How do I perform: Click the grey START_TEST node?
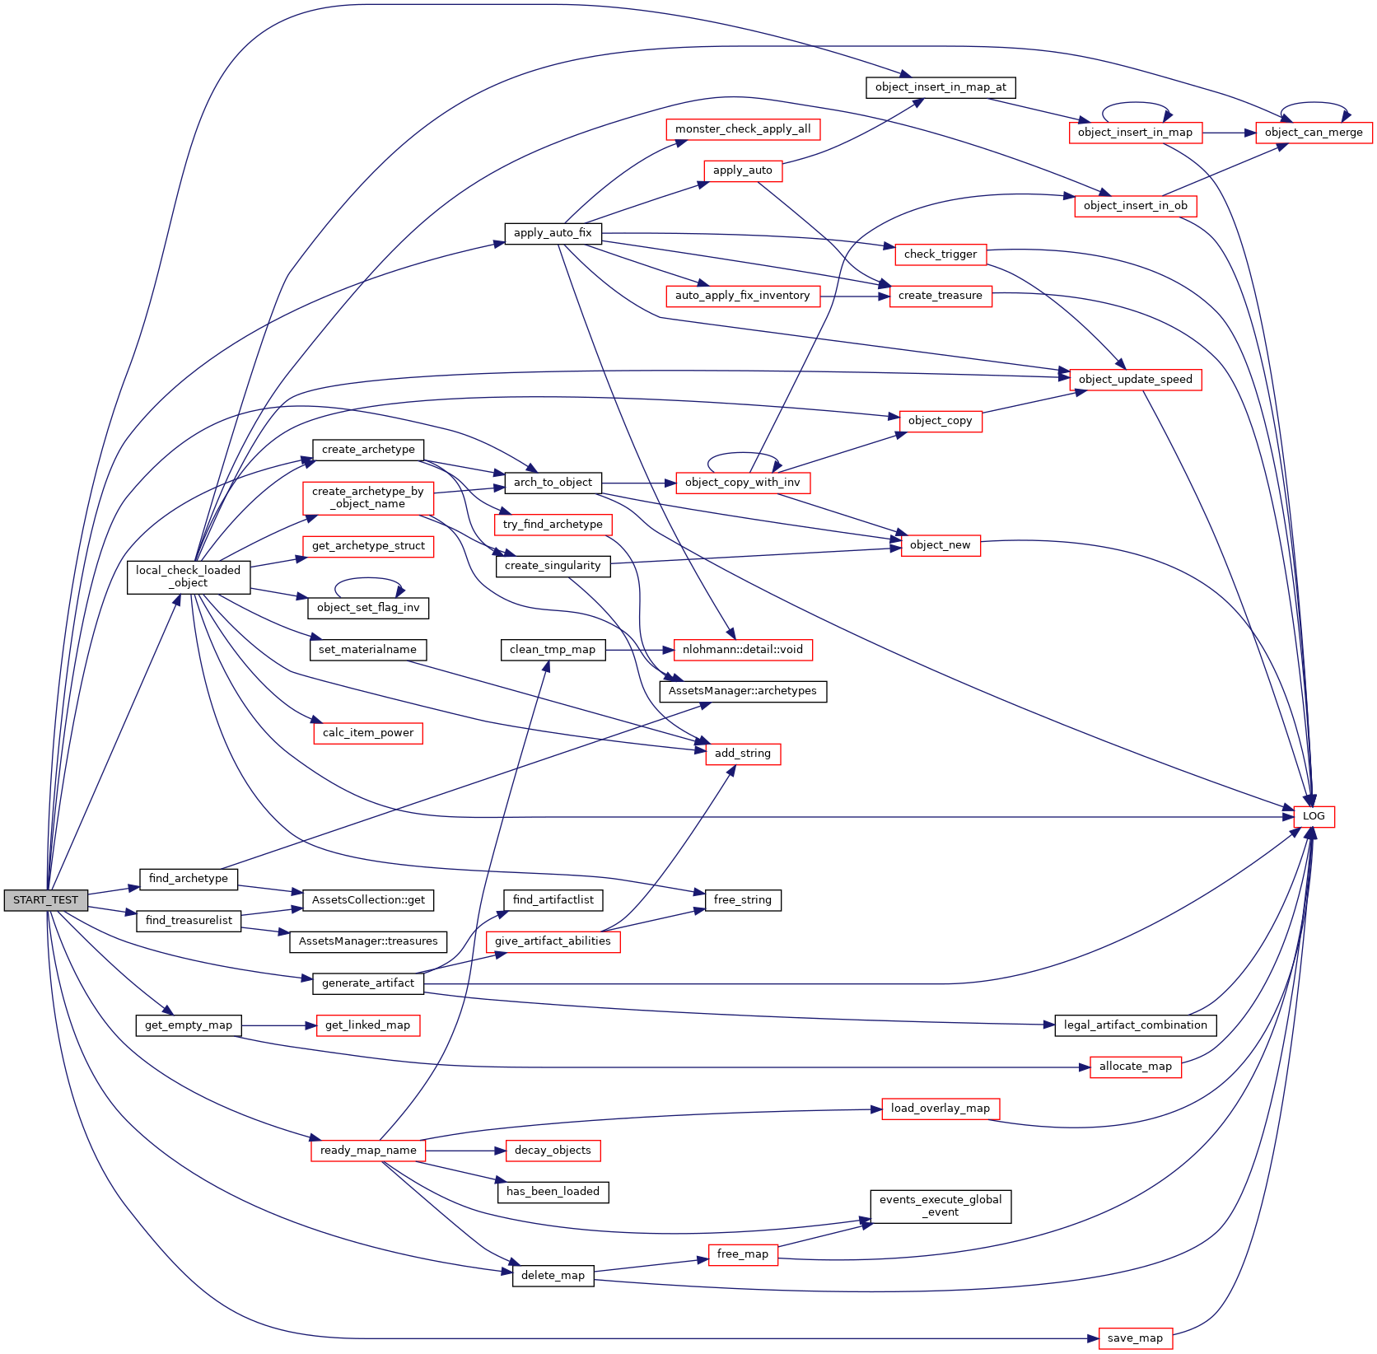click(45, 900)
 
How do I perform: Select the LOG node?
click(1314, 816)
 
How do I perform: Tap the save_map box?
click(1135, 1338)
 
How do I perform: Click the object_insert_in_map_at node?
click(941, 87)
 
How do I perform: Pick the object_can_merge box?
click(1314, 133)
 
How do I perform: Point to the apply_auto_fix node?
click(553, 233)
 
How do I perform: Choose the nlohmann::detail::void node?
click(743, 650)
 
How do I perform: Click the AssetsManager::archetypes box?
click(743, 691)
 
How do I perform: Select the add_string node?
click(743, 754)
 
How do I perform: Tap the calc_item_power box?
click(368, 733)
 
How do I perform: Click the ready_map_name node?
click(368, 1151)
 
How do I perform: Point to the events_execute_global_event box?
click(941, 1207)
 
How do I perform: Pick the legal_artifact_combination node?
click(1135, 1025)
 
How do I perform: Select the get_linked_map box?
click(368, 1025)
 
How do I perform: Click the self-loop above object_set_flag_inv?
click(368, 578)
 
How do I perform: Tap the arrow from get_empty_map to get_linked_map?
click(279, 1025)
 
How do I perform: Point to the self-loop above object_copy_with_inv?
click(743, 453)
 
